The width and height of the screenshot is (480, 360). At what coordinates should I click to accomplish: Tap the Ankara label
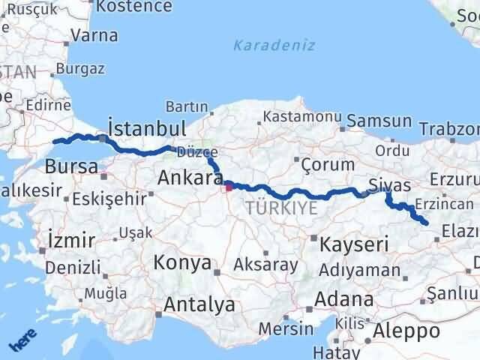tap(190, 179)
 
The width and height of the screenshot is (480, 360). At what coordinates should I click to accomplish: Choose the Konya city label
tap(181, 262)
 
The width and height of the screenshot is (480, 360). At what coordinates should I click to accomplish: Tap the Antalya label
tap(200, 305)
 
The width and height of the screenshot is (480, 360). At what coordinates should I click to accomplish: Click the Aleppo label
tap(408, 331)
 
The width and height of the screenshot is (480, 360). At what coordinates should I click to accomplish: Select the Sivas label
tap(390, 185)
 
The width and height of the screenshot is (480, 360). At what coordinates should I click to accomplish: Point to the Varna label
tap(94, 34)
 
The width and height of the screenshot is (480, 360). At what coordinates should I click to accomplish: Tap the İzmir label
tap(70, 241)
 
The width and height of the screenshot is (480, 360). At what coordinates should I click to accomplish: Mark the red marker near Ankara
tap(229, 187)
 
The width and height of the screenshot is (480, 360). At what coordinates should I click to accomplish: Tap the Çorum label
tap(328, 164)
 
